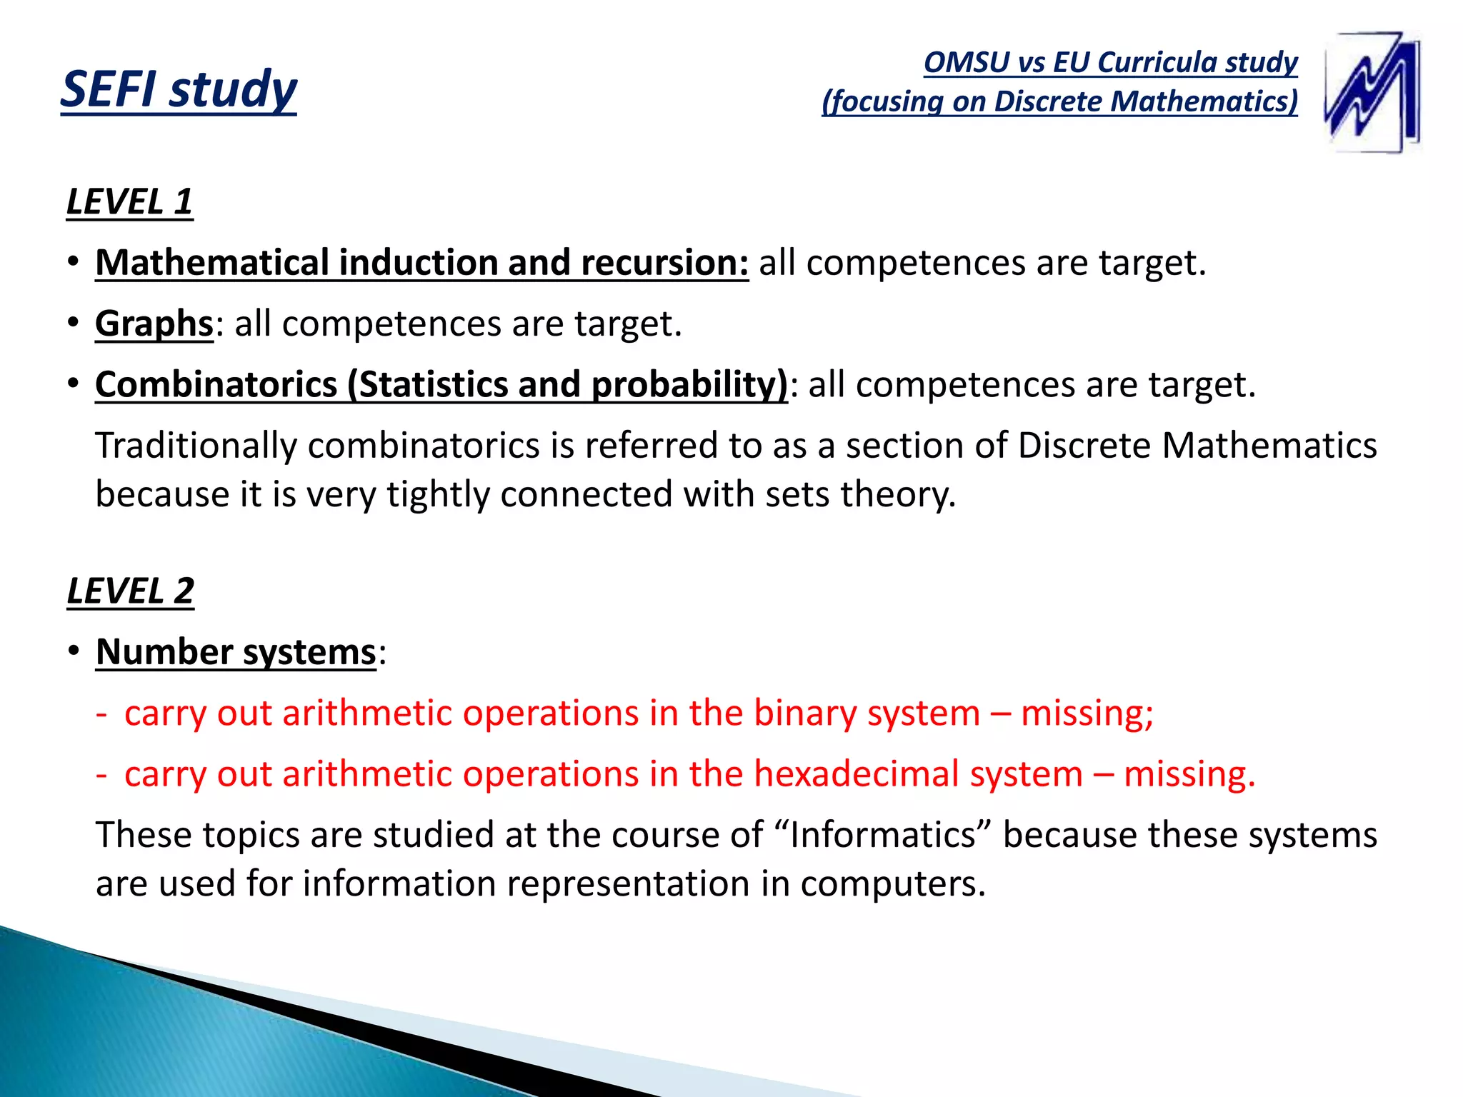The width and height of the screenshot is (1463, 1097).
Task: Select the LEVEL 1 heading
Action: [129, 202]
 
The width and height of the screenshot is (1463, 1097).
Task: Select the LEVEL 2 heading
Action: [130, 591]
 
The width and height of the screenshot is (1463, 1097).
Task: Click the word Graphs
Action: [154, 324]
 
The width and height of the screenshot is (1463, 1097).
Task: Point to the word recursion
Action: [664, 263]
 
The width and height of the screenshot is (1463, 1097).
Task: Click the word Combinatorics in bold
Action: [216, 385]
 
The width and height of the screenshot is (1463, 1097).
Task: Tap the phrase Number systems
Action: [236, 652]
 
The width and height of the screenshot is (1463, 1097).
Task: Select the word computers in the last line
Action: [892, 884]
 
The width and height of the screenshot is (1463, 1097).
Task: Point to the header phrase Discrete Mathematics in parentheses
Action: [1144, 101]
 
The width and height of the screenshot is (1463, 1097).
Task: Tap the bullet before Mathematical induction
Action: [74, 263]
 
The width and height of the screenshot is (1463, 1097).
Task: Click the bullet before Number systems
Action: [74, 652]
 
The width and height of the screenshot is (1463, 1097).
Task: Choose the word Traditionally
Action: [196, 446]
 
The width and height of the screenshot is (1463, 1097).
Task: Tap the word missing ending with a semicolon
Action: [1087, 713]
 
